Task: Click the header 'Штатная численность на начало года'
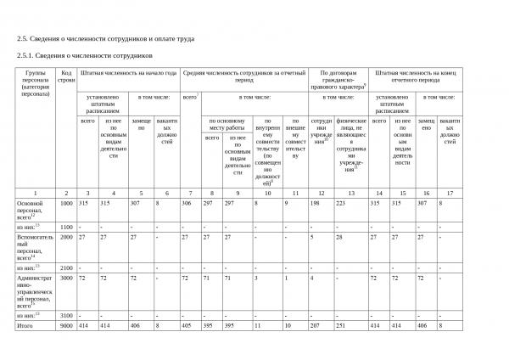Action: click(129, 74)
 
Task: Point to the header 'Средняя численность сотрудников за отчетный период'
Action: click(243, 77)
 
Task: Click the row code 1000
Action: click(66, 204)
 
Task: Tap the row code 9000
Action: click(66, 325)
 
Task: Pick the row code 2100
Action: click(66, 267)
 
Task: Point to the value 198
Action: click(315, 204)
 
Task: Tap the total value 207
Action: click(315, 325)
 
